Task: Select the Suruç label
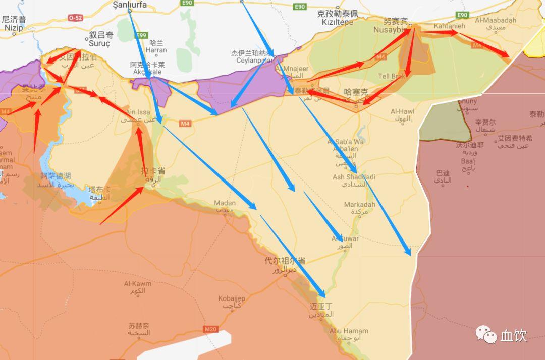click(99, 44)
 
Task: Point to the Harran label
click(155, 50)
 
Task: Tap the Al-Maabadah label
click(496, 20)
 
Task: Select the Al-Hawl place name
click(403, 111)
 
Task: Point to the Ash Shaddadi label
click(354, 177)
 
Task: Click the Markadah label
click(359, 204)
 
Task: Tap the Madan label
click(225, 203)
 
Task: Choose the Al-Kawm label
click(137, 284)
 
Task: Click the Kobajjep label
click(232, 298)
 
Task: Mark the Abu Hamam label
click(348, 331)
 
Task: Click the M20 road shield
click(211, 329)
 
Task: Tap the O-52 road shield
click(75, 18)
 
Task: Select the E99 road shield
click(142, 35)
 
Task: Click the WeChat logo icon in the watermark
click(486, 334)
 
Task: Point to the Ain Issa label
click(137, 112)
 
